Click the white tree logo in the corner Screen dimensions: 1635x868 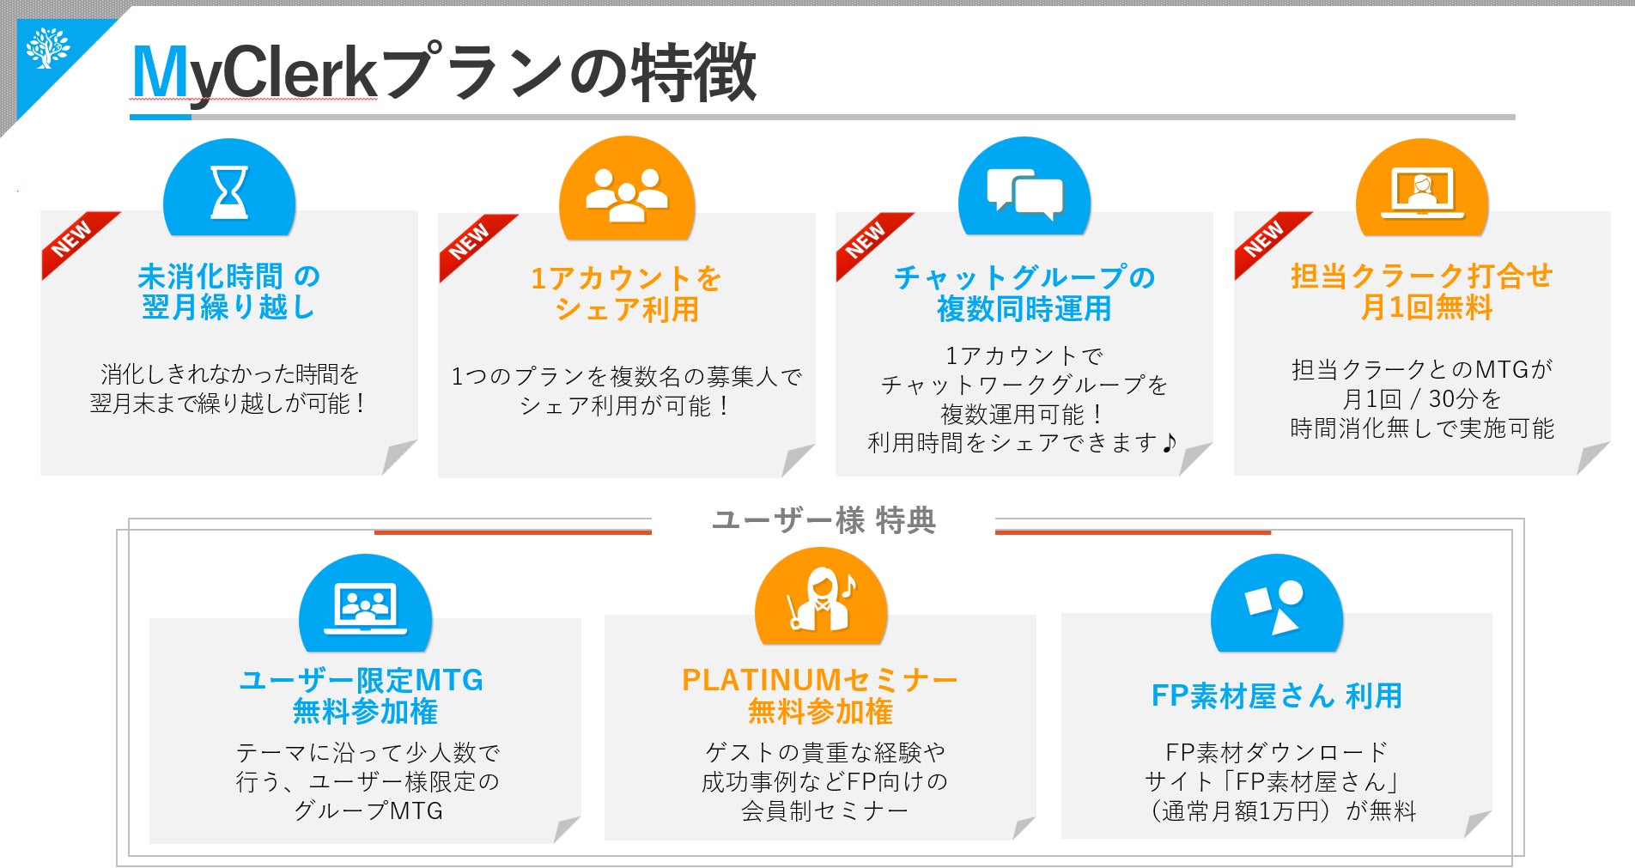pos(47,48)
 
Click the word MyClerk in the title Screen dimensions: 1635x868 pos(254,74)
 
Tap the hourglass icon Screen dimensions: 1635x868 pos(229,191)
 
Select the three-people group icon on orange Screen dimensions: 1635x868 pos(626,195)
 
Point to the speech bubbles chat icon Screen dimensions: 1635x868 pos(1024,193)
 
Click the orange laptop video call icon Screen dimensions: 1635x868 pos(1422,193)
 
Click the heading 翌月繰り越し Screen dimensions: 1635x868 pos(228,307)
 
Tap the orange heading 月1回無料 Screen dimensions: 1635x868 pos(1426,307)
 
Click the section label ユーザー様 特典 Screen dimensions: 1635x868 pos(824,520)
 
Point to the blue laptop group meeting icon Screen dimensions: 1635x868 pos(365,608)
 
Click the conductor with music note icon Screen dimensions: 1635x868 pos(821,600)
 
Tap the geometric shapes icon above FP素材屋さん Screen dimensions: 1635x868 pos(1275,606)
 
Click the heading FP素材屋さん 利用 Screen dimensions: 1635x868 pos(1276,695)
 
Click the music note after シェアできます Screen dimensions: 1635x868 pos(1169,443)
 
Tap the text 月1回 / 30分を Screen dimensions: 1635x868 pos(1421,399)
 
